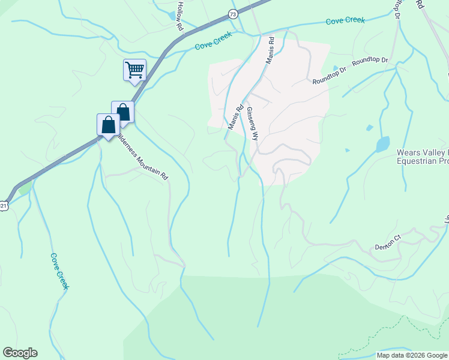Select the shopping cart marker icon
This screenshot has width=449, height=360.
(134, 70)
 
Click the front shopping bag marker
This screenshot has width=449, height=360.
(108, 125)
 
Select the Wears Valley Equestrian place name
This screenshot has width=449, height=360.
(423, 157)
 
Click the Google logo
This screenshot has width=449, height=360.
(20, 353)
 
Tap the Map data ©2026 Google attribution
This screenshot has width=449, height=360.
(411, 355)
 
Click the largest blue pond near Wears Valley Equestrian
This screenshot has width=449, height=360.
(382, 145)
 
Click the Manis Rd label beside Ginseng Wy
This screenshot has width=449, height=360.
(235, 118)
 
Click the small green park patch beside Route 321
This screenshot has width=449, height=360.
(25, 188)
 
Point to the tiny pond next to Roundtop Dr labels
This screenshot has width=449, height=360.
(336, 68)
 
